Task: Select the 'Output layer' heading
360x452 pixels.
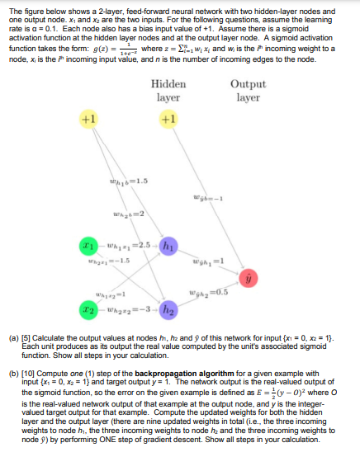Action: (x=247, y=90)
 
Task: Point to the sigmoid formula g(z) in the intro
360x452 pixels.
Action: (x=78, y=49)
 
